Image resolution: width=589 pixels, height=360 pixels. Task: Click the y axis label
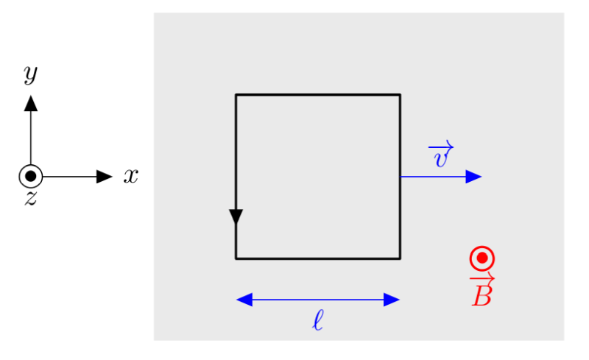pos(30,73)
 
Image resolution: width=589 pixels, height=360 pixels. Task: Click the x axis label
pos(131,176)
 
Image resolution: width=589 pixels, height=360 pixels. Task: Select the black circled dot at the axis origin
pos(30,176)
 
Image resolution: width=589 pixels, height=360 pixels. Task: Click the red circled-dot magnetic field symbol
pos(482,258)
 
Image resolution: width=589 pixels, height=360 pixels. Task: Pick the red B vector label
pos(482,291)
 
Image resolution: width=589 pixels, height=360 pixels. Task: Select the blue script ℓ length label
pos(317,320)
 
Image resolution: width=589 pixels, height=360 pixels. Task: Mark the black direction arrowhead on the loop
pos(236,216)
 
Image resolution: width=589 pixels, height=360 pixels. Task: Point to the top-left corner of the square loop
pos(236,94)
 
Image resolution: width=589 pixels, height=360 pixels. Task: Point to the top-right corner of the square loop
pos(400,94)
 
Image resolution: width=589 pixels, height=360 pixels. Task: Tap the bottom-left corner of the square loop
pos(236,258)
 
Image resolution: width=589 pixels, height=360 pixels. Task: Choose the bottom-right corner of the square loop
pos(400,258)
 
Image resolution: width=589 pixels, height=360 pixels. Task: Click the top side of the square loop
pos(317,94)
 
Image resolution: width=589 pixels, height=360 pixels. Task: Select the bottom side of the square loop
pos(317,258)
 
